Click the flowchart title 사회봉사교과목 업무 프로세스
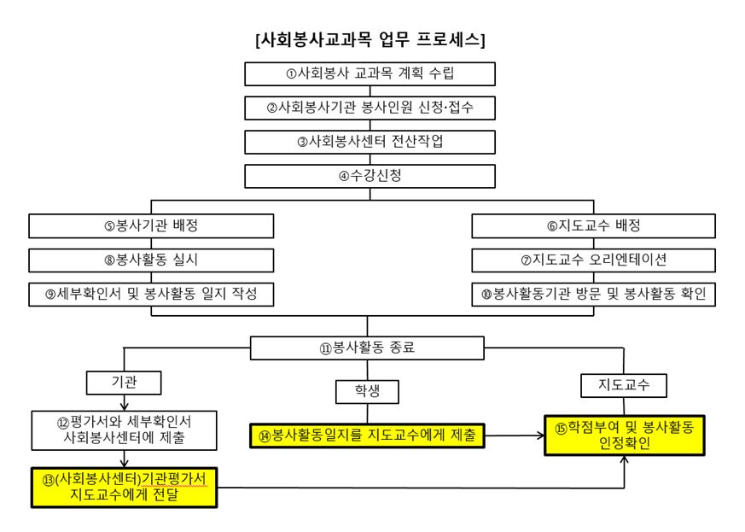click(x=370, y=39)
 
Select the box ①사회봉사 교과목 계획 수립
click(x=370, y=73)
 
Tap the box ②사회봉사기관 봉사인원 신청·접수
click(x=370, y=108)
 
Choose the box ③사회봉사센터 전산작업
click(x=370, y=142)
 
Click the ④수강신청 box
click(x=370, y=177)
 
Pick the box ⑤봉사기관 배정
click(x=151, y=225)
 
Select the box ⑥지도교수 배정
click(x=593, y=225)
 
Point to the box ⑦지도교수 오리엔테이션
click(x=593, y=260)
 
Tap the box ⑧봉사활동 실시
click(x=151, y=260)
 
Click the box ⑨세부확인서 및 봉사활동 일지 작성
click(x=151, y=295)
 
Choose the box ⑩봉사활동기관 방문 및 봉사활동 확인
click(x=593, y=295)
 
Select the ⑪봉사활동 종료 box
click(x=367, y=348)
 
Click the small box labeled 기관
click(x=124, y=383)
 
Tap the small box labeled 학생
click(x=367, y=392)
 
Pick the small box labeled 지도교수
click(x=624, y=386)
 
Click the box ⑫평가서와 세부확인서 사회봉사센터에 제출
click(x=124, y=430)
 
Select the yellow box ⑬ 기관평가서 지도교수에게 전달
click(x=124, y=488)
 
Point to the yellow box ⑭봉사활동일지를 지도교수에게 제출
click(x=367, y=436)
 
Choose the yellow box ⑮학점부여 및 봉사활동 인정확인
click(x=625, y=435)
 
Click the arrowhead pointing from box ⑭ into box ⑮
click(x=541, y=435)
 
